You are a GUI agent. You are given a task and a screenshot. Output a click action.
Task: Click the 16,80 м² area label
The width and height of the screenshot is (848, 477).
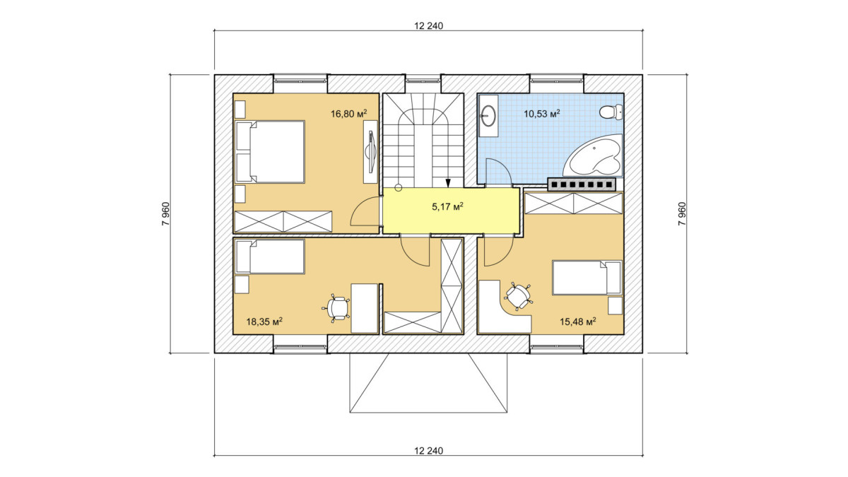tap(348, 113)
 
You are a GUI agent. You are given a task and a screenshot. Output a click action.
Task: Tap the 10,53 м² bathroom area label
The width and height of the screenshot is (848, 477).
tap(542, 113)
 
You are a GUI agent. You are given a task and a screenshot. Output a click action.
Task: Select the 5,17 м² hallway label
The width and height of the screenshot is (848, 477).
tap(447, 206)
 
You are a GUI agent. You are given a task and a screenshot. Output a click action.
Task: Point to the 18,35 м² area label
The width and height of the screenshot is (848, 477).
tap(264, 322)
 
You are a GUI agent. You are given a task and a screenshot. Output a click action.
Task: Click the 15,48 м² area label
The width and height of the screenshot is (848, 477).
tap(578, 322)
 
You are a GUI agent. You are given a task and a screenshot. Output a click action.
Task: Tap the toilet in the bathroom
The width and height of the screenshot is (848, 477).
tap(611, 112)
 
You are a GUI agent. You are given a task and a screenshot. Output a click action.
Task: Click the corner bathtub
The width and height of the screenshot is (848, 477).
tap(592, 155)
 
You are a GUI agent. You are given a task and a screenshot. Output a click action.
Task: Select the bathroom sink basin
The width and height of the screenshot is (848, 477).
tap(488, 114)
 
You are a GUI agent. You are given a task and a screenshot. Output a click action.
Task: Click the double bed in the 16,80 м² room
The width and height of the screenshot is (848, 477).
tap(269, 152)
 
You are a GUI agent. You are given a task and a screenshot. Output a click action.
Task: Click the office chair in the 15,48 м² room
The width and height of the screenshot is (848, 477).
tap(517, 296)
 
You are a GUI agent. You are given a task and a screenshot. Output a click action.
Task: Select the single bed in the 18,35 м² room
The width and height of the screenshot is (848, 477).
tap(269, 257)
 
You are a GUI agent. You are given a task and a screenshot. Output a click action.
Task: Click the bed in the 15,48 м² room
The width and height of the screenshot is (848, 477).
tap(587, 278)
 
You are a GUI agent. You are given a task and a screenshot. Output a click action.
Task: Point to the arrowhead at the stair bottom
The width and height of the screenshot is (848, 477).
tap(448, 183)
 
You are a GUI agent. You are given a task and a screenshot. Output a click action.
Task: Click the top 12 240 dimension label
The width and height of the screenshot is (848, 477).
tap(428, 25)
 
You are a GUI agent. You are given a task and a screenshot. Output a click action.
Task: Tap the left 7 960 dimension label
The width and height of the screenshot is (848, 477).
tap(166, 214)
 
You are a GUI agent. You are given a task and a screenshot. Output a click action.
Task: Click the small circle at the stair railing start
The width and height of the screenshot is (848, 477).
tap(398, 187)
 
